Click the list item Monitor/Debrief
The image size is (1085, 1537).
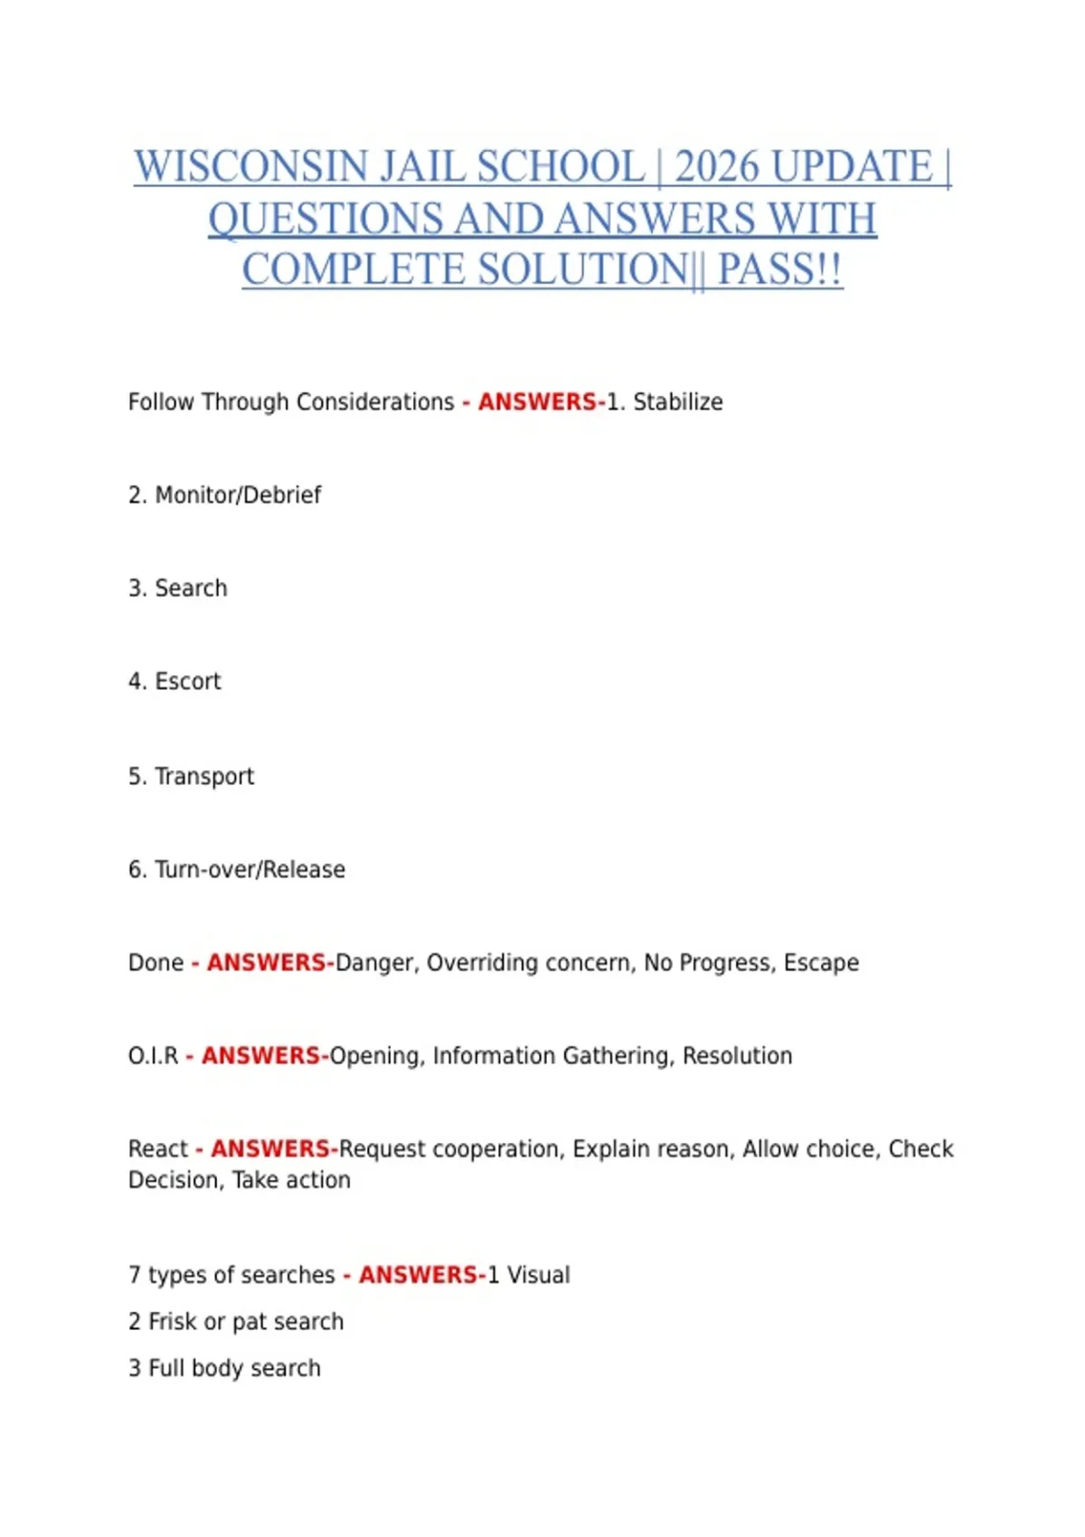click(238, 495)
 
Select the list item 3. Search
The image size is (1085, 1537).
click(178, 589)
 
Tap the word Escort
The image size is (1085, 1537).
click(187, 682)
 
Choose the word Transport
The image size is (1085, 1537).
click(204, 777)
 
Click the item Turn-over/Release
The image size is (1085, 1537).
click(250, 870)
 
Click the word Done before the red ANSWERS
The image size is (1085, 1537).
click(156, 963)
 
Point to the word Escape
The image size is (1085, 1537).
click(821, 963)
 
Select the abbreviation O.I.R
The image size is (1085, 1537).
click(153, 1056)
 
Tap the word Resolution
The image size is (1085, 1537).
click(737, 1056)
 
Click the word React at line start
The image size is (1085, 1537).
click(158, 1149)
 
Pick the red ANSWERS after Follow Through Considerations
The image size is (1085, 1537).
click(538, 402)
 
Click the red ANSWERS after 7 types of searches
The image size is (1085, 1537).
click(420, 1275)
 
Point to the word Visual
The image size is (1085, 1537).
click(538, 1275)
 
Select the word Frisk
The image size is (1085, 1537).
click(173, 1322)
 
